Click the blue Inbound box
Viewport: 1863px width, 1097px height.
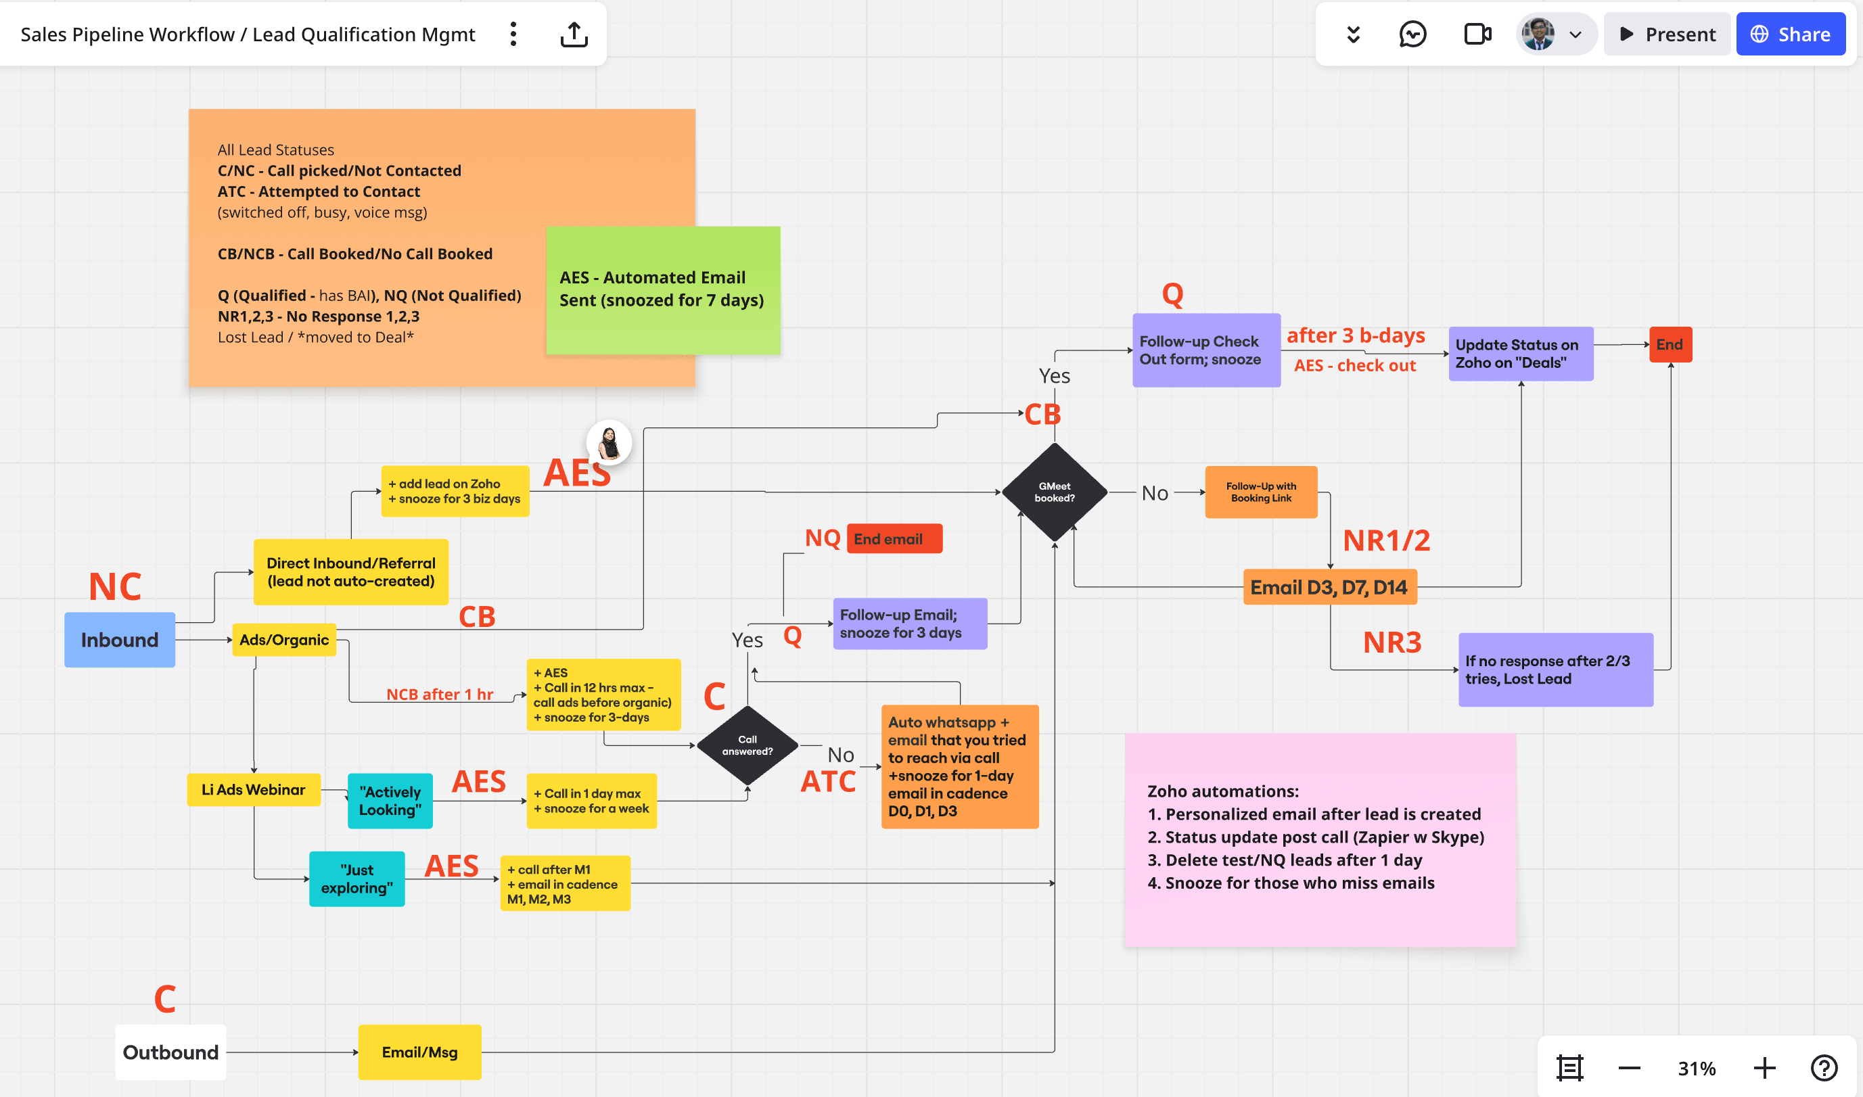tap(120, 639)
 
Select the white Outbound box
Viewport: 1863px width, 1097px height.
tap(170, 1052)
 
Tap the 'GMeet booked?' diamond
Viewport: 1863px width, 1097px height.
tap(1054, 492)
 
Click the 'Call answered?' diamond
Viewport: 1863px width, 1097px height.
tap(747, 745)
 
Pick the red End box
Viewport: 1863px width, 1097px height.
tap(1670, 344)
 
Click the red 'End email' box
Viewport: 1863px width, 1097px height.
tap(894, 539)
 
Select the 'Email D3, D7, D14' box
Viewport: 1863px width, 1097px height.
tap(1329, 588)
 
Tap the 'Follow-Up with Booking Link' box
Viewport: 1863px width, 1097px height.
tap(1260, 492)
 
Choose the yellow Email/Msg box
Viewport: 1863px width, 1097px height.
tap(419, 1052)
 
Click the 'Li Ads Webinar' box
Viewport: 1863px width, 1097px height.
tap(254, 789)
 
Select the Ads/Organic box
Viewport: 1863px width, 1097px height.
tap(284, 639)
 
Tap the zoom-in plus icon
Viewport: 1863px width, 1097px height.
tap(1764, 1068)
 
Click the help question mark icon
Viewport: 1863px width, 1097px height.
tap(1824, 1068)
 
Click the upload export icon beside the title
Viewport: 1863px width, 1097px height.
tap(574, 34)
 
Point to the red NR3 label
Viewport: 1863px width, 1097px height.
tap(1392, 643)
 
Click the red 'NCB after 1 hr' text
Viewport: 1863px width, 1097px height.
tap(439, 694)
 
